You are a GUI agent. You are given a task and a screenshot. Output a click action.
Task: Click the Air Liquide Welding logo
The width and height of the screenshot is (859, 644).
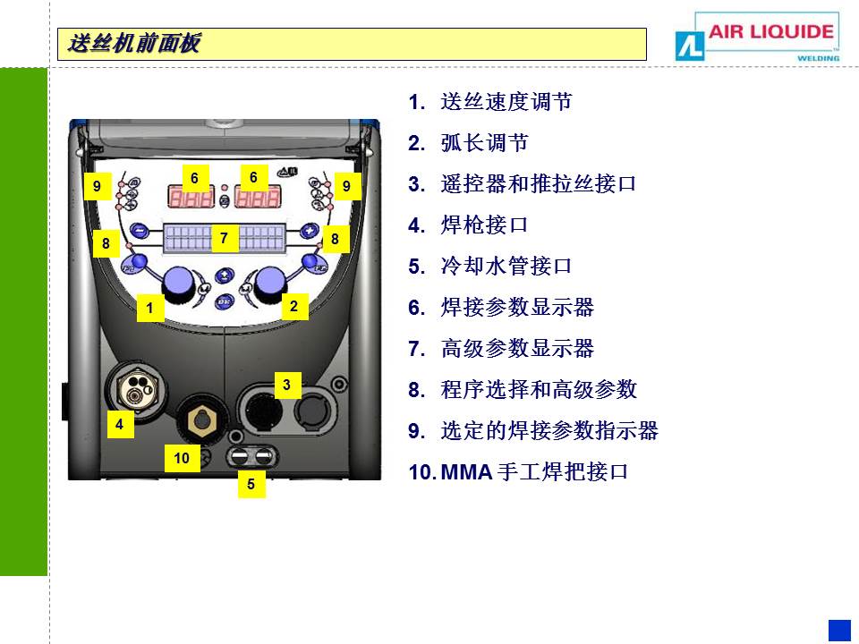(757, 36)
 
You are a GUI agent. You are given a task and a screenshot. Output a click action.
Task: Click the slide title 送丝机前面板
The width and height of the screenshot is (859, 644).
(134, 43)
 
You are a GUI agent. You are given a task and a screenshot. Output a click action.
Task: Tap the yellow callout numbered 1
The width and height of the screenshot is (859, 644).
(150, 308)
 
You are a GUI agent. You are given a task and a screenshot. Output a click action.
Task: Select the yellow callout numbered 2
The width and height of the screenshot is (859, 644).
(294, 306)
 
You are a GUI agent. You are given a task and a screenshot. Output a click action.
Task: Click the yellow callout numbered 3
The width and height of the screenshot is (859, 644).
(287, 385)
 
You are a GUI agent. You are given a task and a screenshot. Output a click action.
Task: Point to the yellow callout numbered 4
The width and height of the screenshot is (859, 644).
(120, 424)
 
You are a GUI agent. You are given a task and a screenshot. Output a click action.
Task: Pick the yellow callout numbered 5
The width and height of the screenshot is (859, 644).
(251, 484)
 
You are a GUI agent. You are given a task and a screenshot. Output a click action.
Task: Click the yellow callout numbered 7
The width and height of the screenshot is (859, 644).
(224, 238)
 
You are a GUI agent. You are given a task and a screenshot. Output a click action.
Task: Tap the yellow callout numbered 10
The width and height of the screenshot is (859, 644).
(182, 458)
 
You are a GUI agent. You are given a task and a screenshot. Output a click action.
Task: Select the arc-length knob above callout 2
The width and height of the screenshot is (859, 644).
(269, 284)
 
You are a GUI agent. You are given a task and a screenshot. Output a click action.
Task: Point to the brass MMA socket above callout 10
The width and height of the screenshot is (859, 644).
(202, 420)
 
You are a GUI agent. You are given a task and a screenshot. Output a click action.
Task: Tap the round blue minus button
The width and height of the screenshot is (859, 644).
(140, 230)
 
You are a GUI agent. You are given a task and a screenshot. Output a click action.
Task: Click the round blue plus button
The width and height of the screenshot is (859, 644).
(310, 231)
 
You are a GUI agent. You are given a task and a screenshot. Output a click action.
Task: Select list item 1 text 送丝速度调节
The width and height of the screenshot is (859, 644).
(506, 102)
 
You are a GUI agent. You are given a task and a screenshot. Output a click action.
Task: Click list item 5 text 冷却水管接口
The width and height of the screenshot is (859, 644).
(506, 267)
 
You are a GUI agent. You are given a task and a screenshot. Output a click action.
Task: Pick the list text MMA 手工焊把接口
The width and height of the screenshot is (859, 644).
(534, 471)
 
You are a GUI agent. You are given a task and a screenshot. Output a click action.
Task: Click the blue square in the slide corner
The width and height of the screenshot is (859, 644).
(839, 631)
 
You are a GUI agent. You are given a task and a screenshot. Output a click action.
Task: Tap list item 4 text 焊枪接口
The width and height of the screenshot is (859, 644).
(484, 225)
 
